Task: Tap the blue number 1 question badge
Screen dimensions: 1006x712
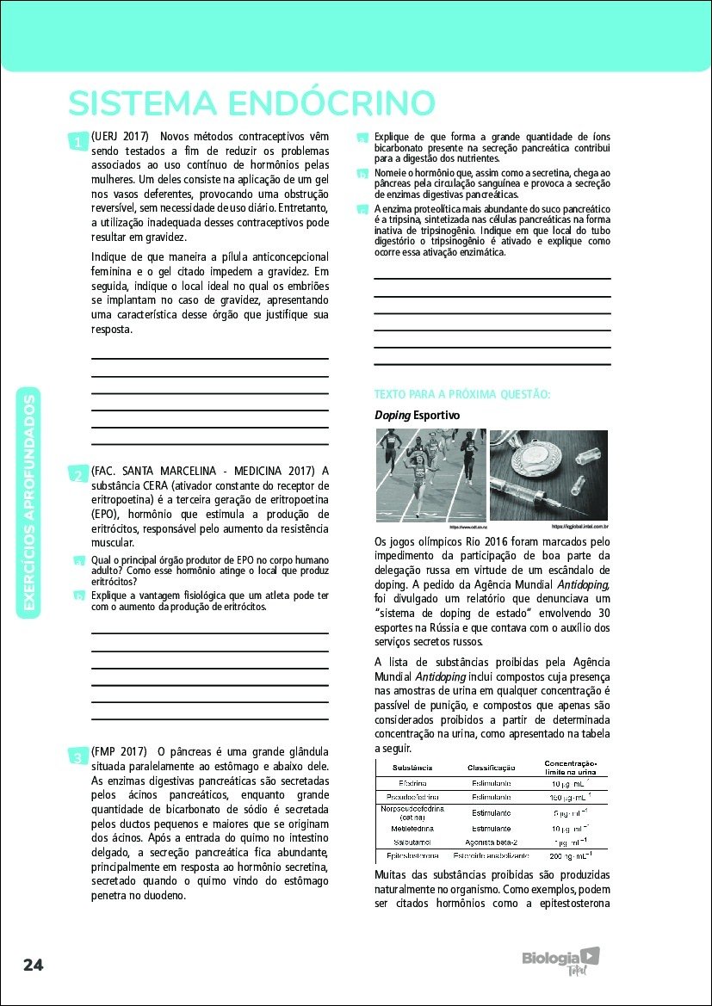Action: point(77,141)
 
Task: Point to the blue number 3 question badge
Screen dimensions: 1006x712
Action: point(77,756)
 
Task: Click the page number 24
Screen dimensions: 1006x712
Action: point(34,964)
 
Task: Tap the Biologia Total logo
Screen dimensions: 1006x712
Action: point(560,960)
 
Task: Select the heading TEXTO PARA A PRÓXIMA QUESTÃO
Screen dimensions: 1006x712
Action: point(461,394)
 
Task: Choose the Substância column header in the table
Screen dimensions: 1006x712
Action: point(412,767)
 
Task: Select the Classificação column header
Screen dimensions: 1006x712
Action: point(491,767)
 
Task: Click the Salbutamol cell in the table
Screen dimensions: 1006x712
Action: point(412,841)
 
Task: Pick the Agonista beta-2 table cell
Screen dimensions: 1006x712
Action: point(492,841)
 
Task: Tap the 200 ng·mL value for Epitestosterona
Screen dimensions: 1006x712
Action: point(570,856)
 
